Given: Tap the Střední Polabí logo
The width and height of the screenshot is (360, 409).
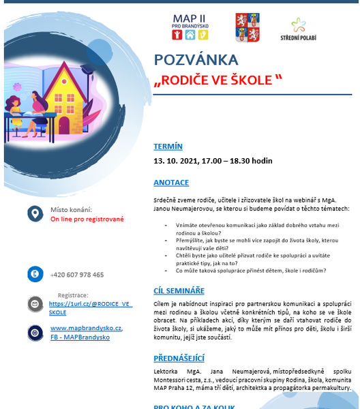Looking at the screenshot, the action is coord(299,29).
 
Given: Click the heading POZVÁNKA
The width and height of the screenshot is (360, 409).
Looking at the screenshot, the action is coord(196,59).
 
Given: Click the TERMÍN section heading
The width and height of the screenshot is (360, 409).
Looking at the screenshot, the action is coord(168,146).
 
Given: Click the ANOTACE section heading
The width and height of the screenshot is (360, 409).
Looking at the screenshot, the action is coord(171,183).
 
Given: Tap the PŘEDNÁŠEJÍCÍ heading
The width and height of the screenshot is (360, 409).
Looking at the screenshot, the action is coord(179,359).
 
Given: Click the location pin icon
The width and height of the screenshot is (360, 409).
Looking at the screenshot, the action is coord(33,214).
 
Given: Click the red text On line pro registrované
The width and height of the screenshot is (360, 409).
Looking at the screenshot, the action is coord(87,219).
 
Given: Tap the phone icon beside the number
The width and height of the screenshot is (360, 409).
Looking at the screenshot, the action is coord(33,274).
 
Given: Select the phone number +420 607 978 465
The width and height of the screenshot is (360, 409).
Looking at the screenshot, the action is coord(77,275).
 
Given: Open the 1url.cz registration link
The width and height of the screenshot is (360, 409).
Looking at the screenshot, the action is coord(91,304).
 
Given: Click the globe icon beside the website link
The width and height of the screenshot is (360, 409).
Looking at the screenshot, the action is coord(33,332).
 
